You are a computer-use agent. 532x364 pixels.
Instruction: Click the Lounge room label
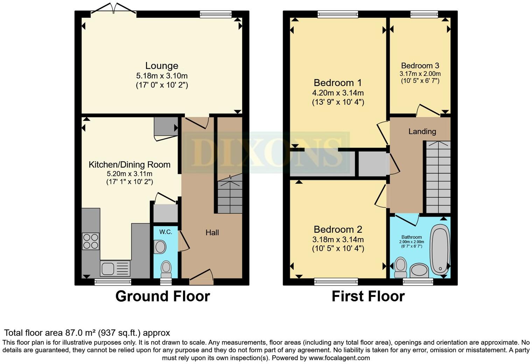162,66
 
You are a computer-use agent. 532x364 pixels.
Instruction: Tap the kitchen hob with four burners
91,241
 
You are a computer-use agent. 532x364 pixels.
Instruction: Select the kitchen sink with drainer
115,269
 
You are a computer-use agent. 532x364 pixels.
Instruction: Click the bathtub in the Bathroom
440,250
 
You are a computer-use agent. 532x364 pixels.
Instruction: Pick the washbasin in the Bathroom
419,271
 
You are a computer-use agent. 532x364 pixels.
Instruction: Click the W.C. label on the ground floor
166,232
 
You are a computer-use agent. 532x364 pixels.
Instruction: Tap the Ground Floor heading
162,296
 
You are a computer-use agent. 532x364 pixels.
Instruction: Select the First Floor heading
368,296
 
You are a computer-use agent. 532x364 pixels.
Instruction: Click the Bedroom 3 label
420,65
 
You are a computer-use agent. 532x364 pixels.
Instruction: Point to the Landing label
422,131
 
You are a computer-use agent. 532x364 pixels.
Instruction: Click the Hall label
212,232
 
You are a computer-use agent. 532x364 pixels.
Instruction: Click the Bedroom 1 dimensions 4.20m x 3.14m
338,93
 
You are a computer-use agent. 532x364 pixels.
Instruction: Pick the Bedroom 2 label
338,229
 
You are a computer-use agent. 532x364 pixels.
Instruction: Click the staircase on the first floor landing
438,177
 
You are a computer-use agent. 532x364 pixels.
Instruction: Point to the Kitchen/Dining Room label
129,164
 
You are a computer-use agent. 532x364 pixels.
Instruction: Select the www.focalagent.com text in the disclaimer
339,358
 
